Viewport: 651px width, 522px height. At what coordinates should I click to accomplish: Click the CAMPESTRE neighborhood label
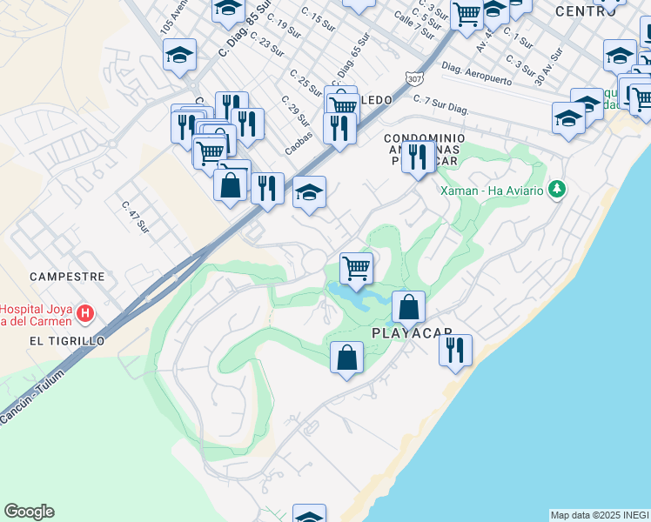click(x=67, y=276)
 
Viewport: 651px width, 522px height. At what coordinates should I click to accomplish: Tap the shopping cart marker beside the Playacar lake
click(x=356, y=268)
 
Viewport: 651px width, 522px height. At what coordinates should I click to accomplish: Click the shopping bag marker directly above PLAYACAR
click(x=408, y=306)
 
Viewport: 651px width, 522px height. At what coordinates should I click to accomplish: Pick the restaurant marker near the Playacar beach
click(x=455, y=351)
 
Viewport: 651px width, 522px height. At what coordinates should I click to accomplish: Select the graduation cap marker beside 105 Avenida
click(x=179, y=55)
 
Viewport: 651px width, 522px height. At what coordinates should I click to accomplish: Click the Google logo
click(x=29, y=512)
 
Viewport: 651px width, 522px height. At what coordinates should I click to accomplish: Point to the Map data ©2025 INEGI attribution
click(x=599, y=515)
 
